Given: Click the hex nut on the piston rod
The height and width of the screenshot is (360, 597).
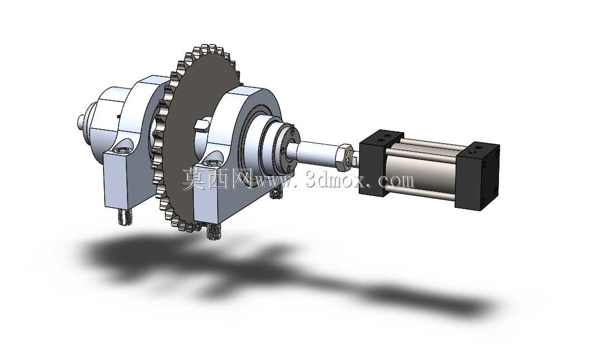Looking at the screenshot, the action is click(x=343, y=156).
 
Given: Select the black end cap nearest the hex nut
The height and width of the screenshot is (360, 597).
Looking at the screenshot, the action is click(x=381, y=163).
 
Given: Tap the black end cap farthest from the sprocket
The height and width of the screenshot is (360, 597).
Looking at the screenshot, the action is click(x=477, y=176).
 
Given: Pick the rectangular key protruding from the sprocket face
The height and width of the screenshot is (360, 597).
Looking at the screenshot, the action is click(x=202, y=125).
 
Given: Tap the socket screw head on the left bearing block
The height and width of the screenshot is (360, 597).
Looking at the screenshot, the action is click(x=123, y=151).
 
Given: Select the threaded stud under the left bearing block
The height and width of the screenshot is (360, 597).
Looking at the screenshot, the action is click(x=124, y=218).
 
